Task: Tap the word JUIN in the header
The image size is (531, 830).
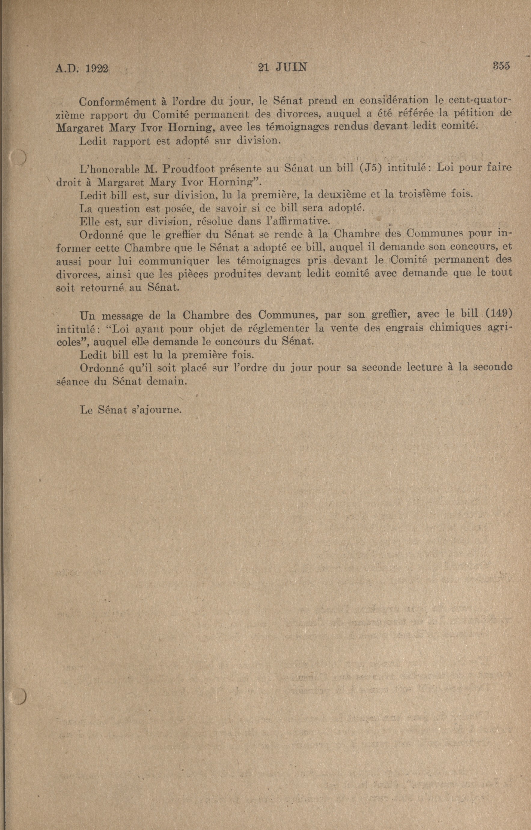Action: point(291,67)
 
